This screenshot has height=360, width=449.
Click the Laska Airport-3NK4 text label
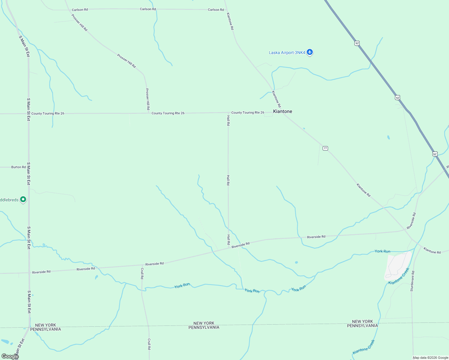287,53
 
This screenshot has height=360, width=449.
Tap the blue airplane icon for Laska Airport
310,52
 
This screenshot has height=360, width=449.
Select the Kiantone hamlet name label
282,111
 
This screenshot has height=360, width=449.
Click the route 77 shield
325,148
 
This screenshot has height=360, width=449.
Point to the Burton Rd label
19,167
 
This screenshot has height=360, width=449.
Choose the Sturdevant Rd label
412,281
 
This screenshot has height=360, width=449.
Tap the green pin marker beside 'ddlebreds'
23,199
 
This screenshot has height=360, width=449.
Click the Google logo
10,356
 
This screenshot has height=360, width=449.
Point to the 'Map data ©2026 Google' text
430,358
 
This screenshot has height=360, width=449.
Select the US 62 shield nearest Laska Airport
357,43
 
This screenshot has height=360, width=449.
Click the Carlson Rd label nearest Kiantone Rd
216,10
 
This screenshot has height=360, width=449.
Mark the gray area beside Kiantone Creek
397,265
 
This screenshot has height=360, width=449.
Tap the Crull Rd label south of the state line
149,344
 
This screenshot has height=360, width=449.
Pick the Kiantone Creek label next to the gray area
399,276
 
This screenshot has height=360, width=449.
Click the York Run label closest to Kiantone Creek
382,251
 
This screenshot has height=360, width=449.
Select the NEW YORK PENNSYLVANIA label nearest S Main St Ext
46,327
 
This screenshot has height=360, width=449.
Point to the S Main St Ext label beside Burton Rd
29,174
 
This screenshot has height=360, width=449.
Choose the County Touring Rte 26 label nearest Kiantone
248,112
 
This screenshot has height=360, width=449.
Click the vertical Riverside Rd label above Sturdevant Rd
411,221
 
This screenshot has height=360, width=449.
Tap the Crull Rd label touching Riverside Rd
142,273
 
